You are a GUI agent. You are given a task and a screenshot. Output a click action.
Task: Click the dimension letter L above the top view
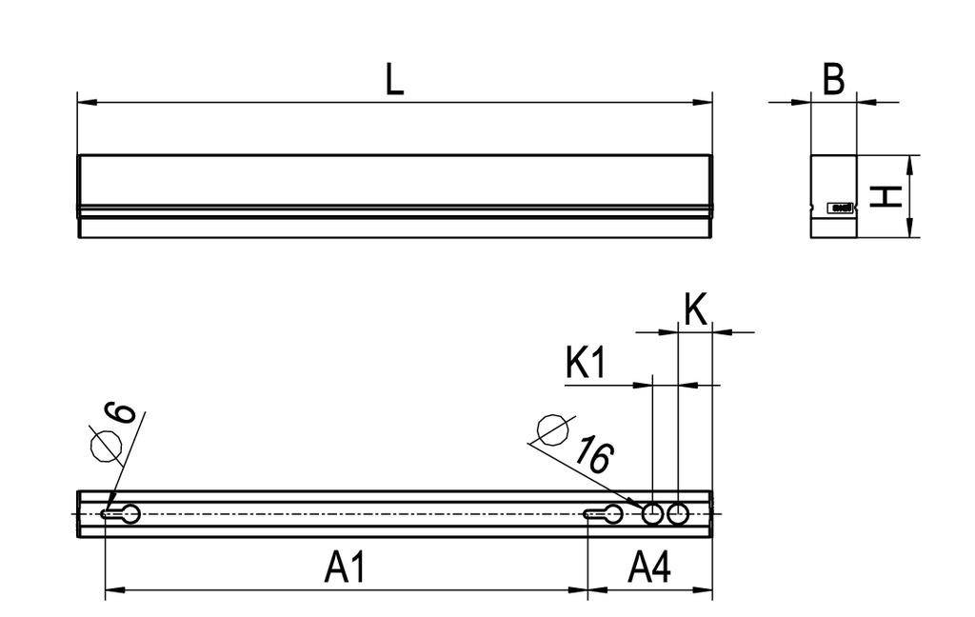[x=394, y=80]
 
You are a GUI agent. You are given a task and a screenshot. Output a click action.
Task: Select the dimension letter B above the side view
[x=833, y=80]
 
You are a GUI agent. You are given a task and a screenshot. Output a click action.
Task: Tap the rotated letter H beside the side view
[x=886, y=197]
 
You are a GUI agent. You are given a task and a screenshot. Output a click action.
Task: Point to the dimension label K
[x=696, y=311]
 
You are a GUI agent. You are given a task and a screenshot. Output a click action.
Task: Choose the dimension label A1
[x=346, y=568]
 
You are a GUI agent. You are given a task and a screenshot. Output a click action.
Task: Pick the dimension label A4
[x=650, y=568]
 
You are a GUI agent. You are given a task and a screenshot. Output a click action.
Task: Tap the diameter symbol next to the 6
[x=105, y=444]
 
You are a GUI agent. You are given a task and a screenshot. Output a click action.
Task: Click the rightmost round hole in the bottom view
[x=678, y=514]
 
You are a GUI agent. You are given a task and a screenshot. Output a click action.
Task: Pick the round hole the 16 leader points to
[x=652, y=514]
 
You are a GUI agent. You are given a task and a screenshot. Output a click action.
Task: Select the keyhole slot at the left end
[x=122, y=514]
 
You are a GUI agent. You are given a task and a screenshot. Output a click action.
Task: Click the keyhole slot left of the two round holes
[x=606, y=514]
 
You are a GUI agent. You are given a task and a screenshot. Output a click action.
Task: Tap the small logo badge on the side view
[x=841, y=207]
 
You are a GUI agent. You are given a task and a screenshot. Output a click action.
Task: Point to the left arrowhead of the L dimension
[x=83, y=101]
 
